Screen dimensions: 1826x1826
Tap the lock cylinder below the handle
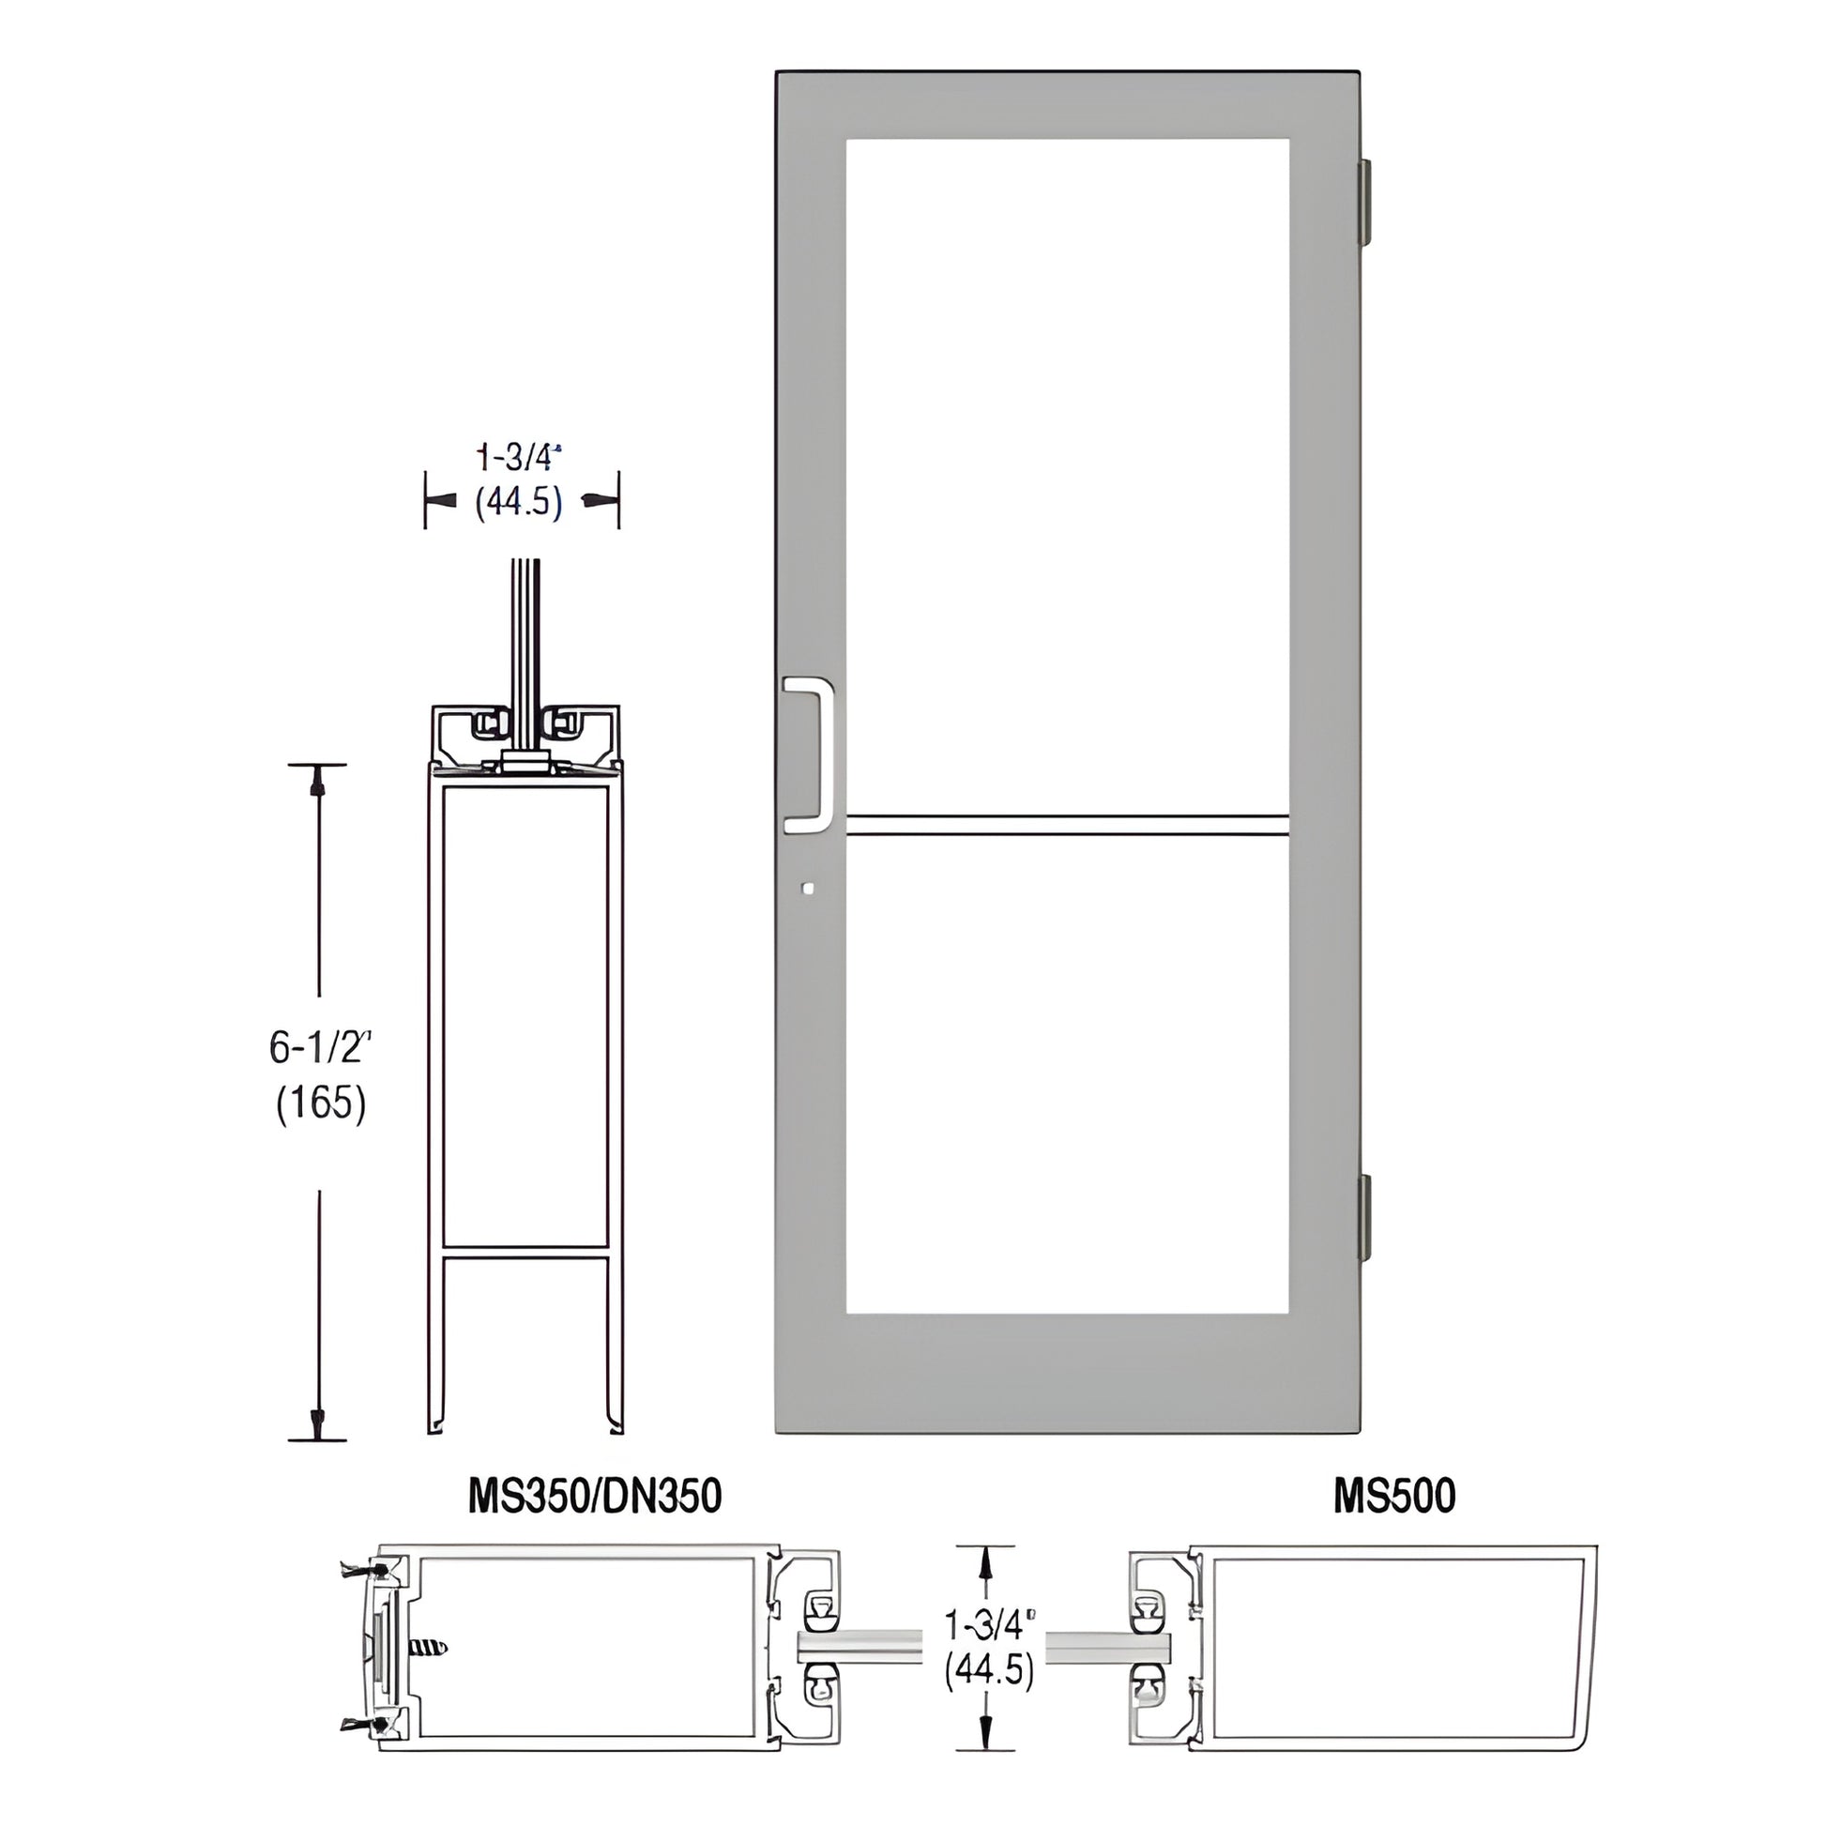pyautogui.click(x=805, y=889)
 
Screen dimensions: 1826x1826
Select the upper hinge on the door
pyautogui.click(x=1363, y=202)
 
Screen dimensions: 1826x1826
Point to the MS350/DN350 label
pyautogui.click(x=595, y=1495)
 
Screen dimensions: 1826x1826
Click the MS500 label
pyautogui.click(x=1394, y=1495)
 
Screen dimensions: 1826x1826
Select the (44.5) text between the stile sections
pyautogui.click(x=990, y=1670)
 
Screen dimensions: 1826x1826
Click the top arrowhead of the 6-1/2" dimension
pyautogui.click(x=317, y=781)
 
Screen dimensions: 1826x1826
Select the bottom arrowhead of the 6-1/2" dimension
pyautogui.click(x=317, y=1420)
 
